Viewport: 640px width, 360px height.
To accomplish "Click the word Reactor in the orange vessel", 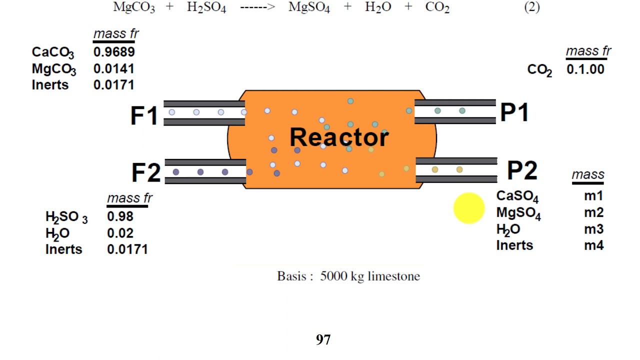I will (339, 137).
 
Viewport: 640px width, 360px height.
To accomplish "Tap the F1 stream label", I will (144, 115).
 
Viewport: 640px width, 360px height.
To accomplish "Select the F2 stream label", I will (146, 172).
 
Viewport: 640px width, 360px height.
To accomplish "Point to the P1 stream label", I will (514, 113).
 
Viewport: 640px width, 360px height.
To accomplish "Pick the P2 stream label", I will (522, 170).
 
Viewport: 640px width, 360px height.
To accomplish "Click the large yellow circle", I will (469, 208).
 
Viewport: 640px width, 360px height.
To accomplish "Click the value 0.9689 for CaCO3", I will (114, 51).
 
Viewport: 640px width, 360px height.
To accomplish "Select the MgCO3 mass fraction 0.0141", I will (114, 68).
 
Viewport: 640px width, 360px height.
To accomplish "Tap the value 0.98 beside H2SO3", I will (120, 216).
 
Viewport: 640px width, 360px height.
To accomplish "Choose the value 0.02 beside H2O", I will (120, 233).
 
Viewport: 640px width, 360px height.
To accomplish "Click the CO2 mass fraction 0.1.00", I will (585, 69).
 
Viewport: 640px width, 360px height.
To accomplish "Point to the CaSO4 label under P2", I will (517, 196).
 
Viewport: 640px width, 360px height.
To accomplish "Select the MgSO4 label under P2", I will (518, 213).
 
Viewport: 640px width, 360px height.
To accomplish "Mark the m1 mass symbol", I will (593, 196).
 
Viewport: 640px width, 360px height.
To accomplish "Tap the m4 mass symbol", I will (593, 245).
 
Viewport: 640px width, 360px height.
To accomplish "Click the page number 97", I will (323, 340).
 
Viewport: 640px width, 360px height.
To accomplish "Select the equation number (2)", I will (532, 7).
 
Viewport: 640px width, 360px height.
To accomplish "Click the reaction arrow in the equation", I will (257, 8).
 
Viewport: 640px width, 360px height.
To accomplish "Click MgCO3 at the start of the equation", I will (134, 8).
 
